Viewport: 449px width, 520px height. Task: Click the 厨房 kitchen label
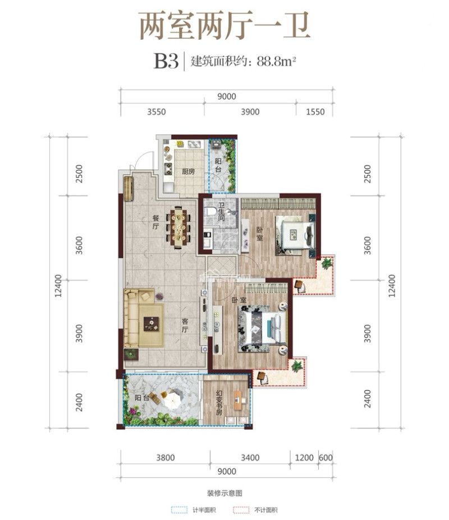coord(188,171)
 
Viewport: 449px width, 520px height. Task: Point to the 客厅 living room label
coord(185,326)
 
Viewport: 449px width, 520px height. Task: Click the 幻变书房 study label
coord(219,402)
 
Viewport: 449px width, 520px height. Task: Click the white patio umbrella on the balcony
coord(172,400)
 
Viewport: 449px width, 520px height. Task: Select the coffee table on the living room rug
coord(151,324)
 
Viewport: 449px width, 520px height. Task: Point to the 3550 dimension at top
coord(157,112)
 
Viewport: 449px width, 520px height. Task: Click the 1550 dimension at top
coord(315,112)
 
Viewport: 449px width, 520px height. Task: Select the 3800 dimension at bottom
coord(166,458)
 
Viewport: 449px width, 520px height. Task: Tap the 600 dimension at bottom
coord(326,458)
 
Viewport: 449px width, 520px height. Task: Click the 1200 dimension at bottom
coord(304,458)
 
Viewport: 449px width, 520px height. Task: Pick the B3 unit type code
coord(166,61)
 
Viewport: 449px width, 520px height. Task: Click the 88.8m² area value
coord(276,61)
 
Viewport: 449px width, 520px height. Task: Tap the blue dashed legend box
coord(179,510)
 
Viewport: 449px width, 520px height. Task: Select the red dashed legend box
coord(241,510)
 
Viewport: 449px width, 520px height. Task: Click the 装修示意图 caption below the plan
coord(224,493)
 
